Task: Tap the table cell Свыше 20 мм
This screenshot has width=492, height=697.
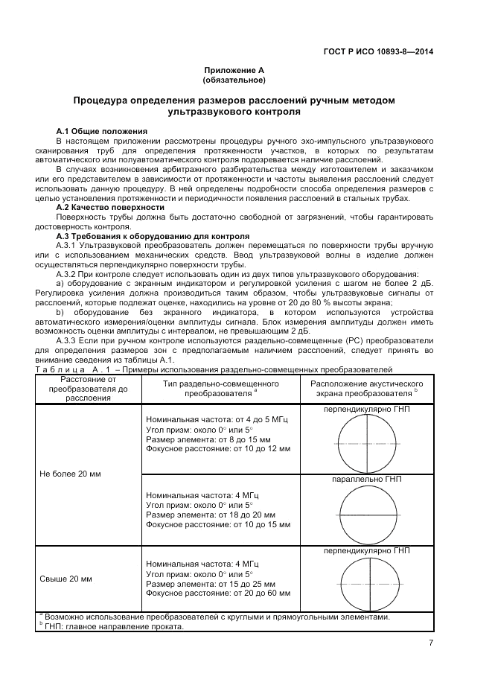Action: click(65, 578)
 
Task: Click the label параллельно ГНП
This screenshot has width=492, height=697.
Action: click(366, 480)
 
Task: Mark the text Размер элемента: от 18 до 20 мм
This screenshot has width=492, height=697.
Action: click(211, 515)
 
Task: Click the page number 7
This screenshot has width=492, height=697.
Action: click(431, 645)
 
